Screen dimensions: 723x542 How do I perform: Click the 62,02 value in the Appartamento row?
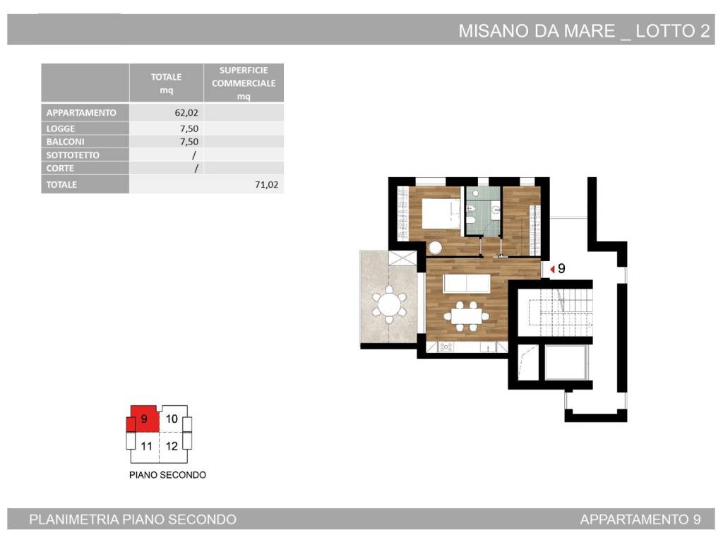[x=186, y=113]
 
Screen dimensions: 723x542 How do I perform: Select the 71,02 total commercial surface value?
[x=266, y=185]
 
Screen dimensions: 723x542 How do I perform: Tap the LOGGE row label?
[x=61, y=128]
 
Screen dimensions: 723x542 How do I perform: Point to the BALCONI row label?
[x=65, y=142]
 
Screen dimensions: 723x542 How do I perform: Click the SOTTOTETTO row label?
[x=73, y=155]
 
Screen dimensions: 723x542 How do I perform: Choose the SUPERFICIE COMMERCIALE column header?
[x=244, y=83]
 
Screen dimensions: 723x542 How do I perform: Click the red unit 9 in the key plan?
[x=143, y=419]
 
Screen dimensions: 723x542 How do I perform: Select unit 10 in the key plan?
[x=172, y=418]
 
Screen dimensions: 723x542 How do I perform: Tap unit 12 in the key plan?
[x=172, y=446]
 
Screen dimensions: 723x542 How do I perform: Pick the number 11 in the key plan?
[x=147, y=446]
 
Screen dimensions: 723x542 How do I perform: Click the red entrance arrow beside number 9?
[x=552, y=269]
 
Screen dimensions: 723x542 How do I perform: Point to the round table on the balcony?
[x=389, y=304]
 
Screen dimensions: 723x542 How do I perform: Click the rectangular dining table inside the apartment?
[x=466, y=315]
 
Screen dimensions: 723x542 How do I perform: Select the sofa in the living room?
[x=467, y=283]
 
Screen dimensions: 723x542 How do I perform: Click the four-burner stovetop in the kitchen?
[x=446, y=347]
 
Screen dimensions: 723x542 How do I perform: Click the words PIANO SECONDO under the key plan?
[x=167, y=475]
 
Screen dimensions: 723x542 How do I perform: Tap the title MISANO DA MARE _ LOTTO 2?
[x=584, y=31]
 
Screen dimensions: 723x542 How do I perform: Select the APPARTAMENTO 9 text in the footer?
[x=640, y=519]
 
